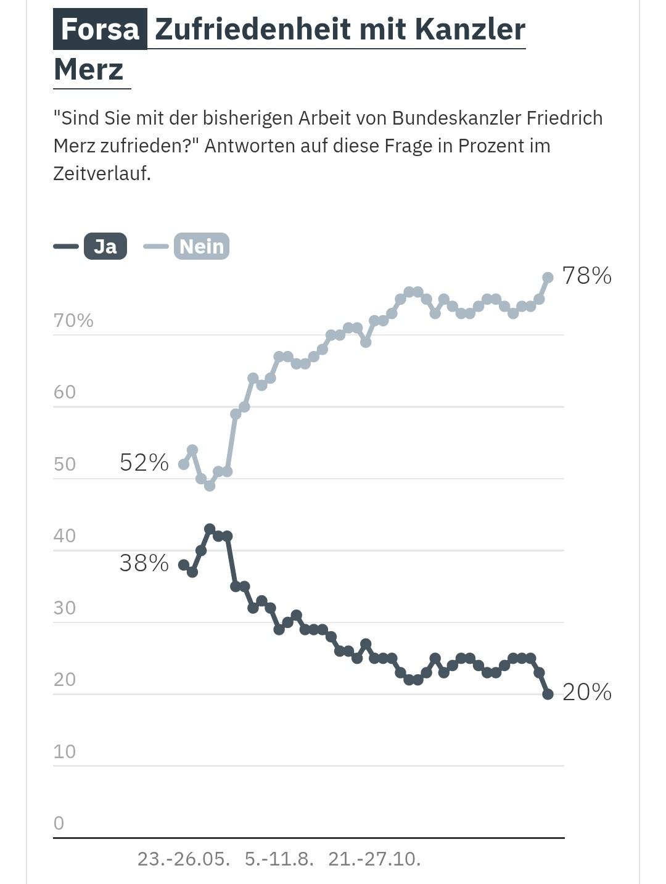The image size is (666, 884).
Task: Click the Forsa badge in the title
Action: tap(100, 29)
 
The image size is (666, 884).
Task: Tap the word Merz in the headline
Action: tap(89, 69)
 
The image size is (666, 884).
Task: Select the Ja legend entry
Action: tap(105, 246)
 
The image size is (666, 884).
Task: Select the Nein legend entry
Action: tap(201, 246)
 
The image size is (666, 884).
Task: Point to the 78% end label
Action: tap(586, 276)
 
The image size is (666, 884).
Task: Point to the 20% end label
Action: tap(586, 692)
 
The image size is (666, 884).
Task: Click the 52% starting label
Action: tap(144, 462)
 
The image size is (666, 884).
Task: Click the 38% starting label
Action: tap(144, 563)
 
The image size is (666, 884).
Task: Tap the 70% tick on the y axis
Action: tap(73, 320)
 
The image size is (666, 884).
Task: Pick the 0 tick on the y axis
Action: tap(59, 823)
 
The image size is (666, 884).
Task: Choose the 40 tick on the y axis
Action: tap(64, 535)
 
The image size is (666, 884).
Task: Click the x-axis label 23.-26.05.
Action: tap(183, 859)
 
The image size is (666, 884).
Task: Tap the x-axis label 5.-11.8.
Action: tap(279, 859)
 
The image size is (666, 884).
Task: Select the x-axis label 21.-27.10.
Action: tap(374, 859)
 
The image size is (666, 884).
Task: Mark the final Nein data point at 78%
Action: tap(548, 278)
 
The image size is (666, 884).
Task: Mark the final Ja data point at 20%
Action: tap(548, 694)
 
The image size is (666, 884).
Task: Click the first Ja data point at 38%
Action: tap(184, 564)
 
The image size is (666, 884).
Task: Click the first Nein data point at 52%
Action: tap(184, 464)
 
